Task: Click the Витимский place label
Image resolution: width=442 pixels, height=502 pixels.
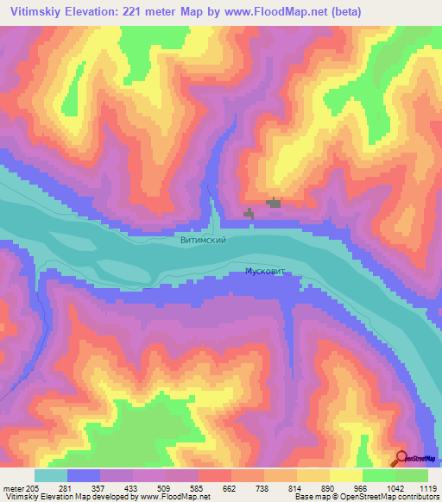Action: (204, 240)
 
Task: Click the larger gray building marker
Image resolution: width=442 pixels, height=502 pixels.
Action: (275, 203)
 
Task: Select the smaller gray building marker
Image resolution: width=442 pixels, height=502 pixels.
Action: (249, 212)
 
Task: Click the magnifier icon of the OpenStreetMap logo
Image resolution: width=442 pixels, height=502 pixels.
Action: (401, 458)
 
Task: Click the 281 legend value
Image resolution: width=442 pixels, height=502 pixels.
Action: (68, 487)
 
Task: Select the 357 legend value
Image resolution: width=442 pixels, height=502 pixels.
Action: (101, 487)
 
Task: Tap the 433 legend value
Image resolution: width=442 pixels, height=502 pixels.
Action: (134, 487)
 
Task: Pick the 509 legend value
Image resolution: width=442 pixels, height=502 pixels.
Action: (167, 487)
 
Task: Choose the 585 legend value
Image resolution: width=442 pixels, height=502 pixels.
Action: (199, 487)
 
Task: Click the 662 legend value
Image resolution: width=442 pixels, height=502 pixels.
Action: (232, 487)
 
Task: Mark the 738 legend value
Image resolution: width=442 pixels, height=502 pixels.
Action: (265, 487)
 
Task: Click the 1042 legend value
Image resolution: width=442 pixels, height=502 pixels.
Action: (395, 487)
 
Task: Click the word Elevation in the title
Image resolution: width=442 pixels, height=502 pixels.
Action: (101, 11)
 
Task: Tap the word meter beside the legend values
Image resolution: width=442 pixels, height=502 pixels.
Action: (12, 487)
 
